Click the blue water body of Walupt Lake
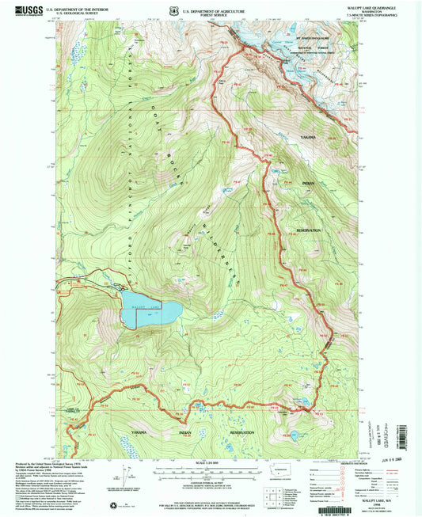(146, 309)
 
